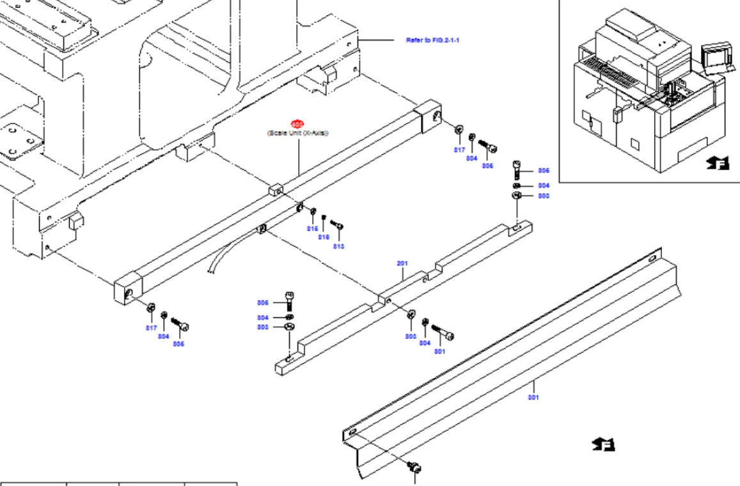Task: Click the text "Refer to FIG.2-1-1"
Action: point(433,40)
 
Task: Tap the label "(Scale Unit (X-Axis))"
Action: point(297,133)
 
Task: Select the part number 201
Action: point(402,263)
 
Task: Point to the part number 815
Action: point(313,228)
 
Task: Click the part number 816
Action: point(324,237)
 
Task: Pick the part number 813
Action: point(338,246)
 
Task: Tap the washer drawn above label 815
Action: point(313,212)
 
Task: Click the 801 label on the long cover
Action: point(533,397)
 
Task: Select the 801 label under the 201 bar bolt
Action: point(439,351)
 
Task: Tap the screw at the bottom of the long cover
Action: point(414,467)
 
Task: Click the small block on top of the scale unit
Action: point(276,189)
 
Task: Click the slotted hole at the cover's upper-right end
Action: point(651,258)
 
